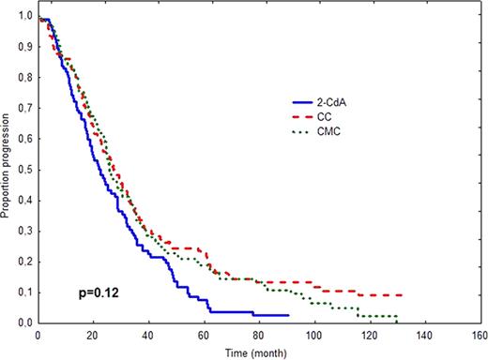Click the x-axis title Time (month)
tap(260, 352)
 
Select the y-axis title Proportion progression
tap(8, 168)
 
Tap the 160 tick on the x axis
tap(480, 334)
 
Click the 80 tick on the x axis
tap(259, 334)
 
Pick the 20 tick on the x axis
tap(93, 334)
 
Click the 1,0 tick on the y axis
tap(25, 18)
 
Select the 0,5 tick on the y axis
tap(25, 170)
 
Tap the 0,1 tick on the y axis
tap(25, 292)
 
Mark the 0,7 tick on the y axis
tap(25, 109)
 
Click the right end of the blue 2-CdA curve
tap(288, 316)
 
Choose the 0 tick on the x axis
tap(38, 334)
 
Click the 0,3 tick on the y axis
tap(25, 232)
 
